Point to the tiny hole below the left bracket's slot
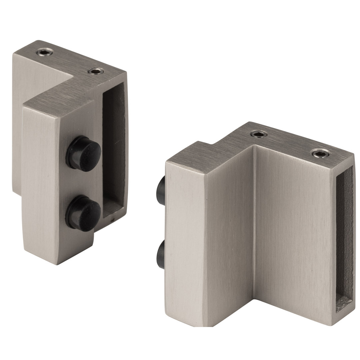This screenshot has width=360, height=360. [112, 220]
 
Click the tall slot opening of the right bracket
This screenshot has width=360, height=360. [344, 240]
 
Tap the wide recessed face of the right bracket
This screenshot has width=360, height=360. [293, 233]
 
